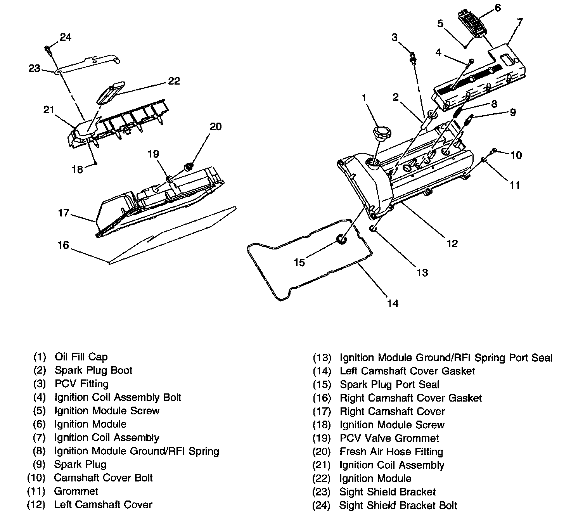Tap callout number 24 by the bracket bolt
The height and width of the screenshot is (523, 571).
tap(66, 37)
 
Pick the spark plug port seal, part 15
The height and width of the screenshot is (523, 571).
tap(341, 240)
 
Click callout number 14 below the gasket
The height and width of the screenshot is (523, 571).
tap(393, 303)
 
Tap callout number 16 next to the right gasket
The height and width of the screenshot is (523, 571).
tap(63, 245)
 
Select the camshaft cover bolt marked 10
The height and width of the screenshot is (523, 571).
tap(494, 151)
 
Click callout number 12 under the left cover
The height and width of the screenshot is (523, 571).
tap(452, 243)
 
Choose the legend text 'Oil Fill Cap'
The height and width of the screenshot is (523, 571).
tap(81, 357)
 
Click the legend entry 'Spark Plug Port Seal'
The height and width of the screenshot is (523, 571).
tap(389, 384)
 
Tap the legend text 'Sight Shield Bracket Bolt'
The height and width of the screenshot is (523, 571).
tap(398, 506)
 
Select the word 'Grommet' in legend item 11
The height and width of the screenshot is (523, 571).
tap(76, 491)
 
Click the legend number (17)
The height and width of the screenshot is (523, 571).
tap(322, 411)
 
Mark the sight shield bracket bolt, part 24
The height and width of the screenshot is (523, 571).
tap(47, 48)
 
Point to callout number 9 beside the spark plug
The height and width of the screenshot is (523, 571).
tap(512, 113)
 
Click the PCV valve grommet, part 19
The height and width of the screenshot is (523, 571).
tap(170, 179)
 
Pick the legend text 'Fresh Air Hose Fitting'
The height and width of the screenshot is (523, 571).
tap(391, 452)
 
